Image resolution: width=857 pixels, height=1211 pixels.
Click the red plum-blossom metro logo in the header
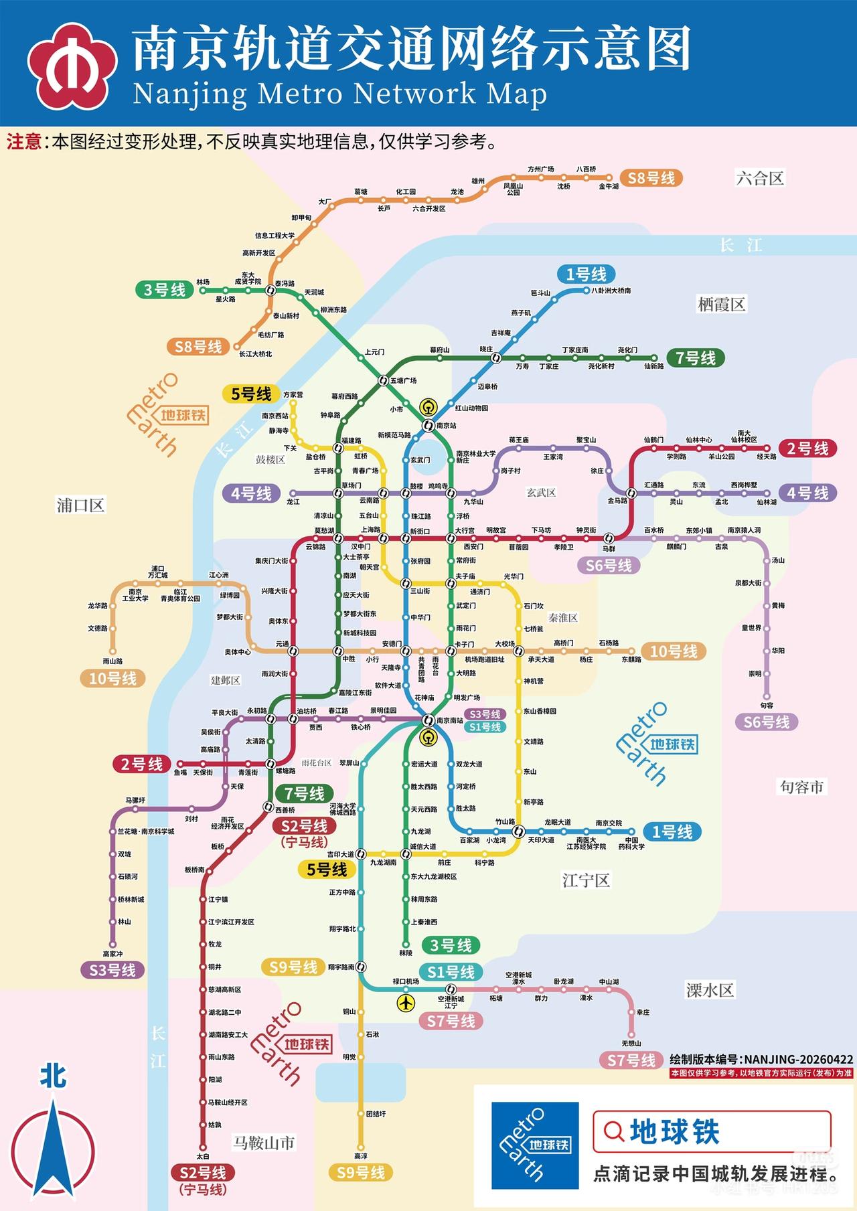click(x=72, y=66)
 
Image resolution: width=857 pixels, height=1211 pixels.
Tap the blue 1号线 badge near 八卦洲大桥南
click(x=586, y=274)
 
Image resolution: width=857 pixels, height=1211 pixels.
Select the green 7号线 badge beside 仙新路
click(x=696, y=358)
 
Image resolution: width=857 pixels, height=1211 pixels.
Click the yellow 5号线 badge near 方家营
click(x=251, y=394)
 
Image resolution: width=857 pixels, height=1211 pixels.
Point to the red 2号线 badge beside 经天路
click(x=807, y=449)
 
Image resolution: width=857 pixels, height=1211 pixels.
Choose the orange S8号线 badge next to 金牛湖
click(x=651, y=178)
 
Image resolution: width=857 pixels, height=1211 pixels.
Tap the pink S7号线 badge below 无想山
click(x=631, y=1060)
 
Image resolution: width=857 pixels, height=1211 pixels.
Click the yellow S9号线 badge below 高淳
click(x=360, y=1172)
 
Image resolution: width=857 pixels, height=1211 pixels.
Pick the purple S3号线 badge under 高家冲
click(x=112, y=970)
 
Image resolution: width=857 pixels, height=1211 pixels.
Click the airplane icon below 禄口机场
click(x=406, y=1003)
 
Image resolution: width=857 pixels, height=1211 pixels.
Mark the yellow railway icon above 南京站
click(x=428, y=406)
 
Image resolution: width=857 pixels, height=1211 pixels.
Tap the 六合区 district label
click(x=760, y=179)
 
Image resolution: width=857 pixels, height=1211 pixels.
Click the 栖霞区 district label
click(x=721, y=305)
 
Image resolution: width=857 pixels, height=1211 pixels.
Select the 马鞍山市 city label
click(x=263, y=1143)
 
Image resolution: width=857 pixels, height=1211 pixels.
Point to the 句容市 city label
click(x=801, y=787)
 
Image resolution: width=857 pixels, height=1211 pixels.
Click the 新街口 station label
click(x=420, y=532)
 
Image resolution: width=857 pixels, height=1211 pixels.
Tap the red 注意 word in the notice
click(x=25, y=142)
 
